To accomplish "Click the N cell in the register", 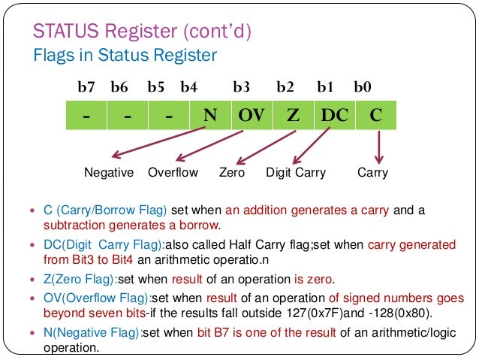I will (x=211, y=117).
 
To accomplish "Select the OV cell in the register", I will (x=252, y=117).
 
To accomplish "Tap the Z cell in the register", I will (x=292, y=117).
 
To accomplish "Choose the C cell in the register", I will (x=375, y=117).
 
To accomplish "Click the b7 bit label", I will (x=86, y=87).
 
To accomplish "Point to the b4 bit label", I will (x=188, y=87).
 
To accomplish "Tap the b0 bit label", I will (x=363, y=87).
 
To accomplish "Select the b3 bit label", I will (x=242, y=87).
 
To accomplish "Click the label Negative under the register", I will (x=109, y=173).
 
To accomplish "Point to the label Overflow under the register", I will (x=173, y=173).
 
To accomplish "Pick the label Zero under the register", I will (x=232, y=173).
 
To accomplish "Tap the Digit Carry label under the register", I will (x=296, y=173).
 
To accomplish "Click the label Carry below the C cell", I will (x=373, y=173).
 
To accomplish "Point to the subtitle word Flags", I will (x=53, y=55).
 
